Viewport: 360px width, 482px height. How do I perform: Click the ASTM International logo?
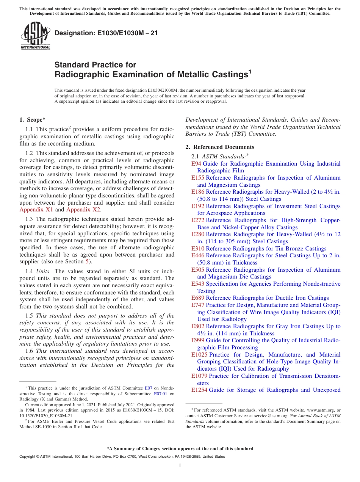35,36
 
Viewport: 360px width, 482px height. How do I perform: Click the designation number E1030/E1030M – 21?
106,33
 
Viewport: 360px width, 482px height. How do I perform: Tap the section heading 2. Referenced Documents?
220,147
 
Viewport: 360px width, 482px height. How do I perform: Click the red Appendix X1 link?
36,210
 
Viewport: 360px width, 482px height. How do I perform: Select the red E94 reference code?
196,164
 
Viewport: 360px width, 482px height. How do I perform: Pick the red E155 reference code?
198,178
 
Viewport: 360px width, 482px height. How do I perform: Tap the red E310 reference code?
198,249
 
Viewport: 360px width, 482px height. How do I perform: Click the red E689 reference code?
198,298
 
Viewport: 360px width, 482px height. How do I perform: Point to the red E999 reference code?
198,340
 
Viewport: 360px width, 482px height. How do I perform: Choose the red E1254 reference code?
199,390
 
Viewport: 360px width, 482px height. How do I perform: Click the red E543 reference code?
198,284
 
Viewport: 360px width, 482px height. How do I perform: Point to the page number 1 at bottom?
180,466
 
